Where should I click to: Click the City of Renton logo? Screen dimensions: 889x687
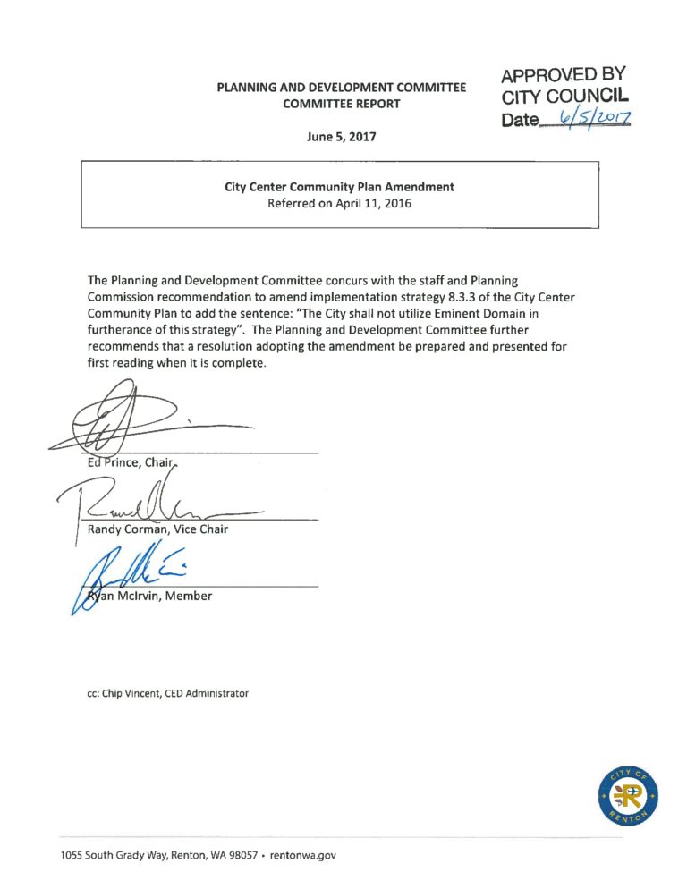coord(628,798)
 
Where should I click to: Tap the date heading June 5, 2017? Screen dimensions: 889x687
coord(341,138)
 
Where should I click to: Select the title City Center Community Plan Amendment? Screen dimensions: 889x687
coord(339,187)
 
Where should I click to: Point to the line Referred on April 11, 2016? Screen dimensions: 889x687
coord(339,203)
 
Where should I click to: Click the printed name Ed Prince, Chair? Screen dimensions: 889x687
coord(122,462)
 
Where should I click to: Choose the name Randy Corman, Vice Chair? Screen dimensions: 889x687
coord(157,529)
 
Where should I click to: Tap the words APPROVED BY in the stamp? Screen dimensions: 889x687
coord(563,76)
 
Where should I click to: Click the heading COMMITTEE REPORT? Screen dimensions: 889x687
coord(341,104)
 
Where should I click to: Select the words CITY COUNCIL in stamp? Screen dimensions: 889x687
coord(565,97)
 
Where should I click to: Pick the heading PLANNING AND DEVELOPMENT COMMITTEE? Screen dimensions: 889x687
coord(341,88)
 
